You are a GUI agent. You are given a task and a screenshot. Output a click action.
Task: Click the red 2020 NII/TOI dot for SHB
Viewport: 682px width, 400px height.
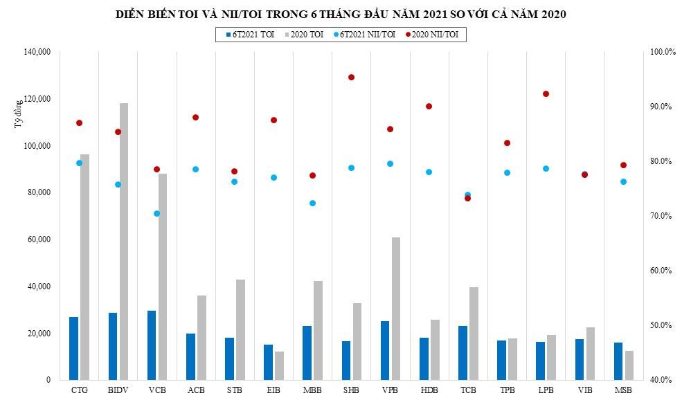pos(351,78)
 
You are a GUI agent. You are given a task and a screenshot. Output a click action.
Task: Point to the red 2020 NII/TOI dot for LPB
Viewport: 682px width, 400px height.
pos(546,94)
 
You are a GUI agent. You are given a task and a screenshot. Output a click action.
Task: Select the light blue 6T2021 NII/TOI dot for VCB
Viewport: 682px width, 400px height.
pos(156,214)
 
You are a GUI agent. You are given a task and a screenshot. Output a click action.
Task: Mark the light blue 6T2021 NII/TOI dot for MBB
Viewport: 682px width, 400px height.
pos(312,203)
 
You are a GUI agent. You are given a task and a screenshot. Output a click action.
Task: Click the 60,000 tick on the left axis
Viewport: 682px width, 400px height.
pos(38,239)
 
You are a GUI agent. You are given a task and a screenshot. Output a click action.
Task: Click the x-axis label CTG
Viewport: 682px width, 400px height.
pos(79,391)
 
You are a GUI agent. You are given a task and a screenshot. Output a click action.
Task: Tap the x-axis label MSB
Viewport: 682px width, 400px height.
pos(623,391)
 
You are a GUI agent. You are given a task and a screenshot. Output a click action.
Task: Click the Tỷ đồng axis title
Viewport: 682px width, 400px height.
pos(18,115)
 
